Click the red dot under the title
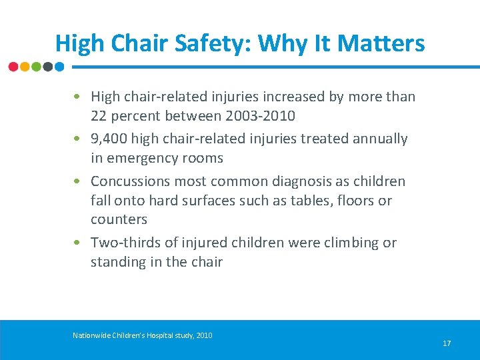[14, 67]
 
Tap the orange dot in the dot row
[25, 67]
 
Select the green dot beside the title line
[37, 67]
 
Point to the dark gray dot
[48, 67]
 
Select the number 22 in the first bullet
[99, 116]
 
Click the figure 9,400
[109, 139]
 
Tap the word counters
[119, 219]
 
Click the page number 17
[447, 343]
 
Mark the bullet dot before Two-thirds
[78, 243]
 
